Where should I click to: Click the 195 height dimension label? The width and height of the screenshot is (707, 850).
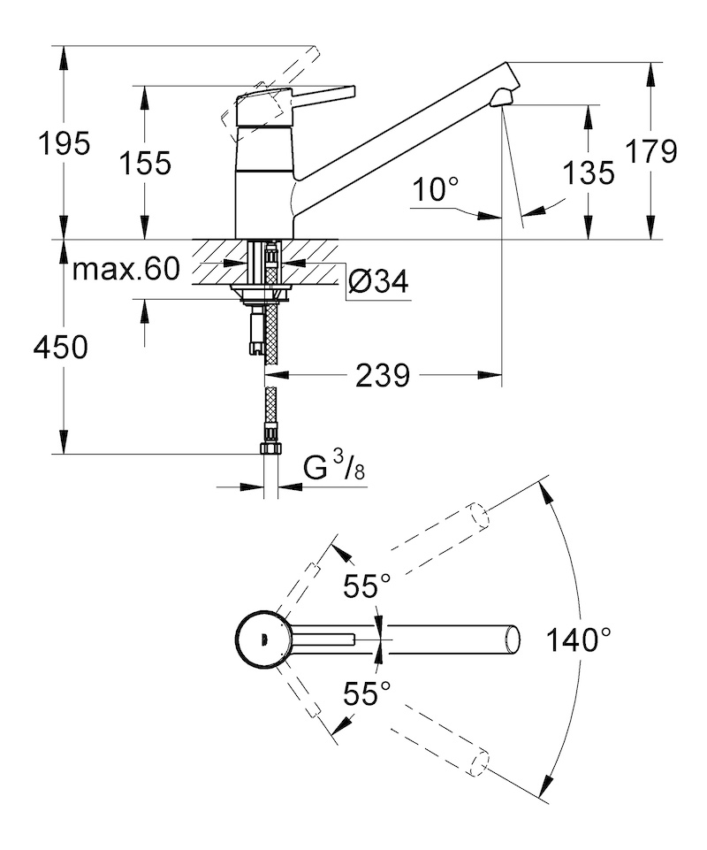click(x=64, y=144)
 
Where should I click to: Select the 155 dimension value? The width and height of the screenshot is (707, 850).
click(x=145, y=163)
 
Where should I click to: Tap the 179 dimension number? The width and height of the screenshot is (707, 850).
click(x=651, y=151)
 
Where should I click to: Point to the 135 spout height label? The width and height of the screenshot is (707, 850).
click(x=589, y=173)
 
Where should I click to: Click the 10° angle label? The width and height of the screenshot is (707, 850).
click(x=436, y=189)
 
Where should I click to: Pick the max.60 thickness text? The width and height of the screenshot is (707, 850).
click(x=125, y=268)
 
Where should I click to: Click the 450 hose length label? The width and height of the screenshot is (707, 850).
click(x=60, y=347)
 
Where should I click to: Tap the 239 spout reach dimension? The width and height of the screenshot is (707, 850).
click(x=383, y=375)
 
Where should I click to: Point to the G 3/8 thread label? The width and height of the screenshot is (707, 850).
click(x=334, y=466)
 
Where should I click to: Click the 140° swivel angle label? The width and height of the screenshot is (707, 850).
click(x=578, y=639)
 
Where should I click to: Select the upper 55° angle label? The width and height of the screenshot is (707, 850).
click(x=367, y=586)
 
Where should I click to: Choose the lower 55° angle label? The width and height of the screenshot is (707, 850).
click(x=367, y=693)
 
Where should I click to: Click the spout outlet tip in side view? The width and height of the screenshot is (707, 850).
click(x=501, y=99)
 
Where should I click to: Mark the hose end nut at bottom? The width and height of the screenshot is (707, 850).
click(x=270, y=448)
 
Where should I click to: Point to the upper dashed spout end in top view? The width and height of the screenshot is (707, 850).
click(x=479, y=515)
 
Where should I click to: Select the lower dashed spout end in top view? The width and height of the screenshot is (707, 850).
click(x=479, y=762)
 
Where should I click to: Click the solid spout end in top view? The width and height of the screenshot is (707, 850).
click(x=513, y=639)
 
